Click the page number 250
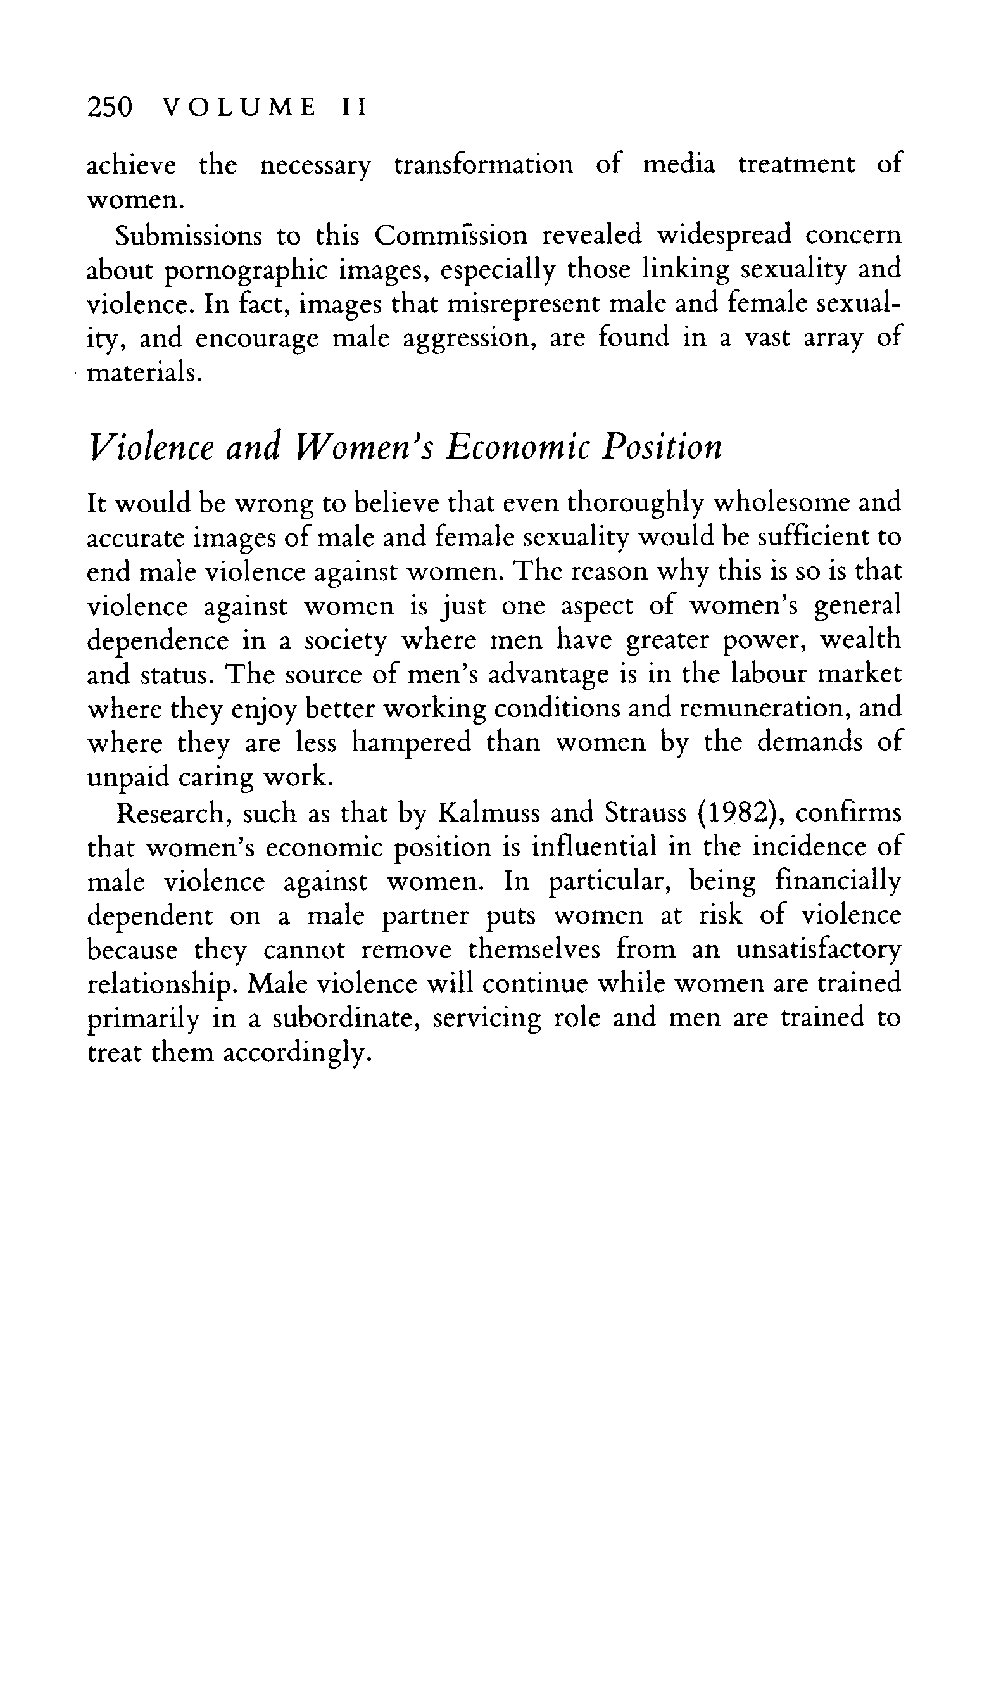click(x=110, y=107)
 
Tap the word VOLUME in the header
click(x=240, y=107)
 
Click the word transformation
click(x=484, y=165)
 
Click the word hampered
click(x=412, y=743)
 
